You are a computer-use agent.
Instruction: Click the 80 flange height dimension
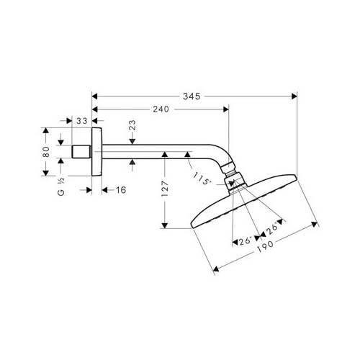tap(45, 152)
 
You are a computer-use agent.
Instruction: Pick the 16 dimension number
tap(120, 190)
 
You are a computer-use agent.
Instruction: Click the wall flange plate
tap(96, 153)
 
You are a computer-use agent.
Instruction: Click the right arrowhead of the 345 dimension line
tap(294, 95)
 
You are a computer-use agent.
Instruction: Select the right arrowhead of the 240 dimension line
tap(225, 109)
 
